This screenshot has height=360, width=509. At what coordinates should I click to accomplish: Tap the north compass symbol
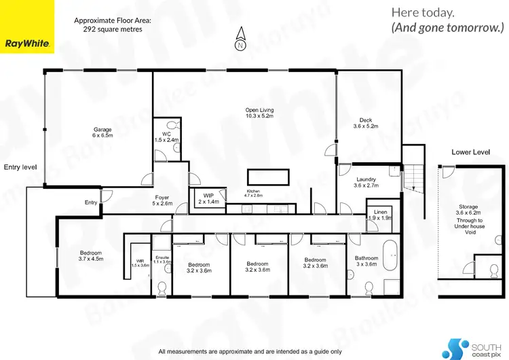(240, 41)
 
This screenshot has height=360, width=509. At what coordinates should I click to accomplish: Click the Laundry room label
(366, 183)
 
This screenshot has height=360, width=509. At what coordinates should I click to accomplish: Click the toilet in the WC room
(175, 125)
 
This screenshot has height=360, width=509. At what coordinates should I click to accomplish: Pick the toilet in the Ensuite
(162, 288)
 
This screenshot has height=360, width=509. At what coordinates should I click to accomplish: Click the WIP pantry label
(208, 198)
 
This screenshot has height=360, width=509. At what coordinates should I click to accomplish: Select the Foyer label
(162, 200)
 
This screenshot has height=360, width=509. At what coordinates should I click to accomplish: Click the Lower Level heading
(471, 153)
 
